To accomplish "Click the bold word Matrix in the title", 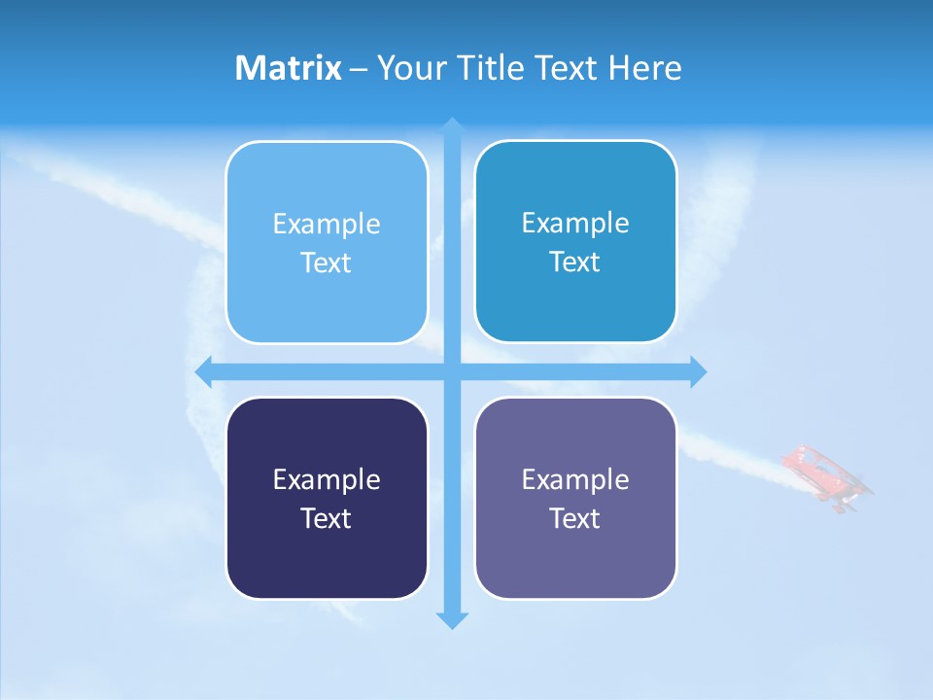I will click(x=288, y=68).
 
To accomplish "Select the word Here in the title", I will click(x=645, y=68).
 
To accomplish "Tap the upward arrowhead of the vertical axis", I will click(x=452, y=126).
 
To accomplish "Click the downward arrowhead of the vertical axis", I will click(x=452, y=619).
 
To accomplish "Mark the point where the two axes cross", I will click(x=452, y=371).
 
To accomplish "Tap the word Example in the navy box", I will click(x=327, y=479).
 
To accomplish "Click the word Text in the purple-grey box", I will click(x=575, y=518).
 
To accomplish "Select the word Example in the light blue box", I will click(x=327, y=224).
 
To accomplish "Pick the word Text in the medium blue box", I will click(x=575, y=262).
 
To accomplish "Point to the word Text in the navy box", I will click(x=327, y=518).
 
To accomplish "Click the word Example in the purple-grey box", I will click(x=575, y=479).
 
